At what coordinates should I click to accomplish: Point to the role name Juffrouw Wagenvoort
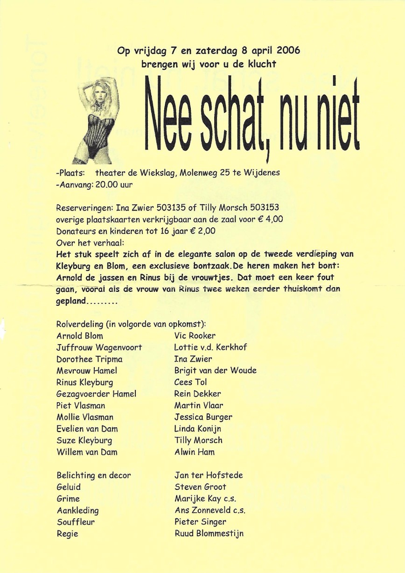[x=99, y=347]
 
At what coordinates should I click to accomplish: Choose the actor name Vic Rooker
[x=195, y=335]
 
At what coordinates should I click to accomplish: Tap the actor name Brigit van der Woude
[x=215, y=370]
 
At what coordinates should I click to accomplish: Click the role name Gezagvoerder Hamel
[x=96, y=394]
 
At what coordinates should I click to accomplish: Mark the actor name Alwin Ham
[x=194, y=452]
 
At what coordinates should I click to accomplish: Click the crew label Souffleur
[x=75, y=522]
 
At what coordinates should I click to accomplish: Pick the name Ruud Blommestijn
[x=209, y=533]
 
